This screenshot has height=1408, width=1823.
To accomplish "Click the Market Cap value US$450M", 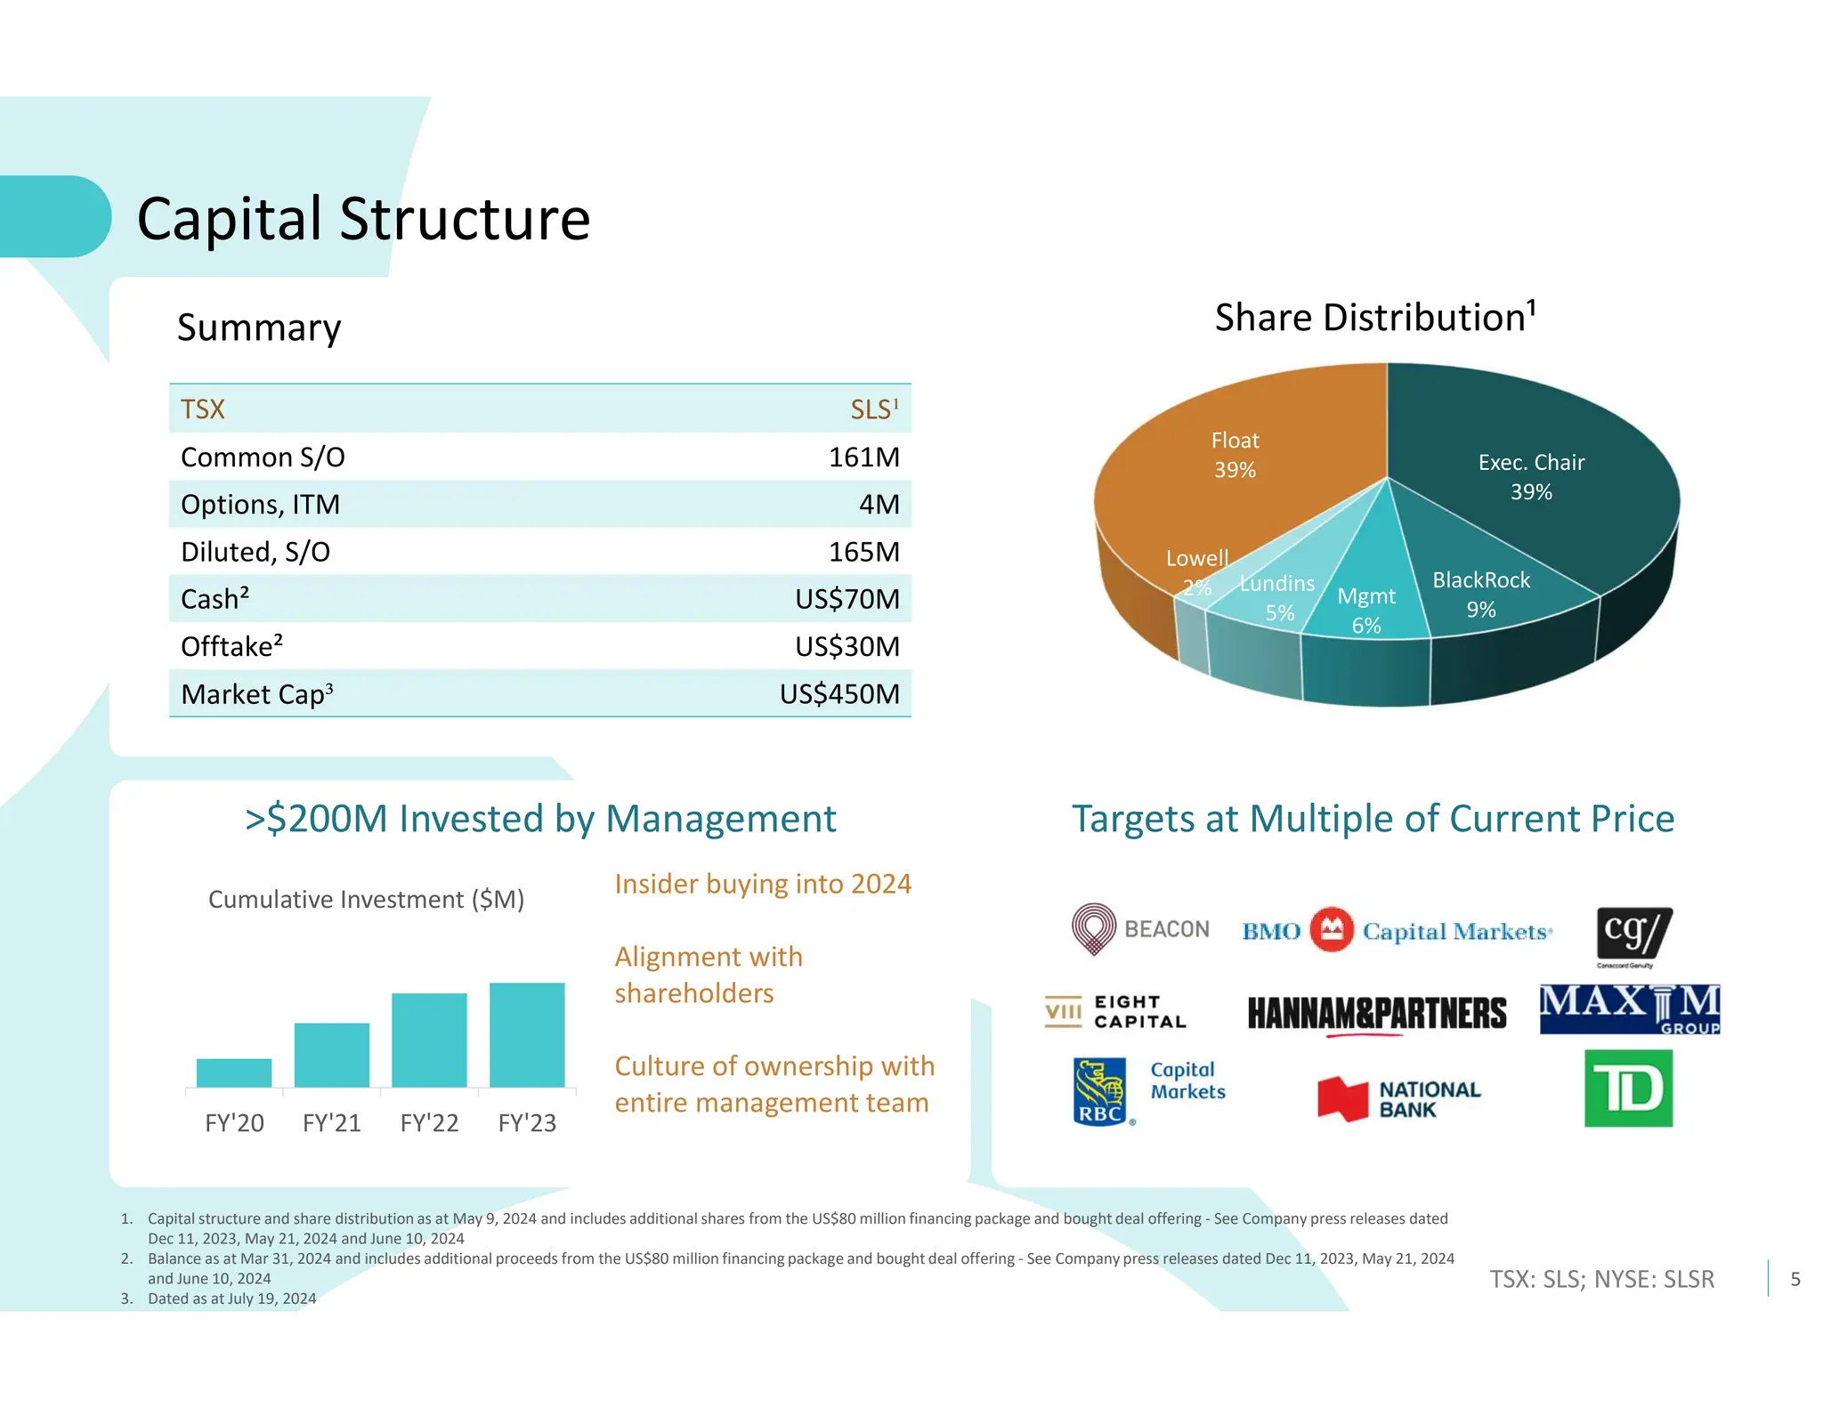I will coord(839,693).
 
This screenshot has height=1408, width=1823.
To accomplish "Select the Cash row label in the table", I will coord(215,599).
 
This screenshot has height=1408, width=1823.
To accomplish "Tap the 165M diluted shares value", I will coord(863,552).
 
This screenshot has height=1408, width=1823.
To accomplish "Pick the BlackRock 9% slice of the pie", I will coord(1481,594).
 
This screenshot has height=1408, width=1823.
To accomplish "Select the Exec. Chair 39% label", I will coord(1531,477).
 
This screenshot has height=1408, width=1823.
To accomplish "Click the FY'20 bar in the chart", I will coord(234,1072).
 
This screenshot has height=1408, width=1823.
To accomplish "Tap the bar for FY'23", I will coord(527,1034).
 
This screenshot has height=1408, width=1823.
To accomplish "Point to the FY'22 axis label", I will coord(429,1123).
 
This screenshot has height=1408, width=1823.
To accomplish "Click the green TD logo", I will coord(1628,1088).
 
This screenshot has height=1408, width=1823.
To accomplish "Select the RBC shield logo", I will coord(1100,1091).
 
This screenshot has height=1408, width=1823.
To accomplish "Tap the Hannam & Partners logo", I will coord(1376,1014).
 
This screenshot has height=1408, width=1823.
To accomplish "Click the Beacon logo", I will coord(1140,929).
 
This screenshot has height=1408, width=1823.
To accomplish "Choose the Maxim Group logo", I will coord(1629,1009).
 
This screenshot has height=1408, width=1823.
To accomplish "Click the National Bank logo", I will coord(1398,1099).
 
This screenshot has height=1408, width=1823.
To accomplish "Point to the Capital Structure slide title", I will coord(363,219).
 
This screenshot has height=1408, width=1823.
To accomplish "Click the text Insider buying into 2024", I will coord(763,884).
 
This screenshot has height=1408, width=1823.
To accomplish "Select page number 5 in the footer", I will coord(1795,1279).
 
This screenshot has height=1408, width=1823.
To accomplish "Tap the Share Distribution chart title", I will coord(1375,318).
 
